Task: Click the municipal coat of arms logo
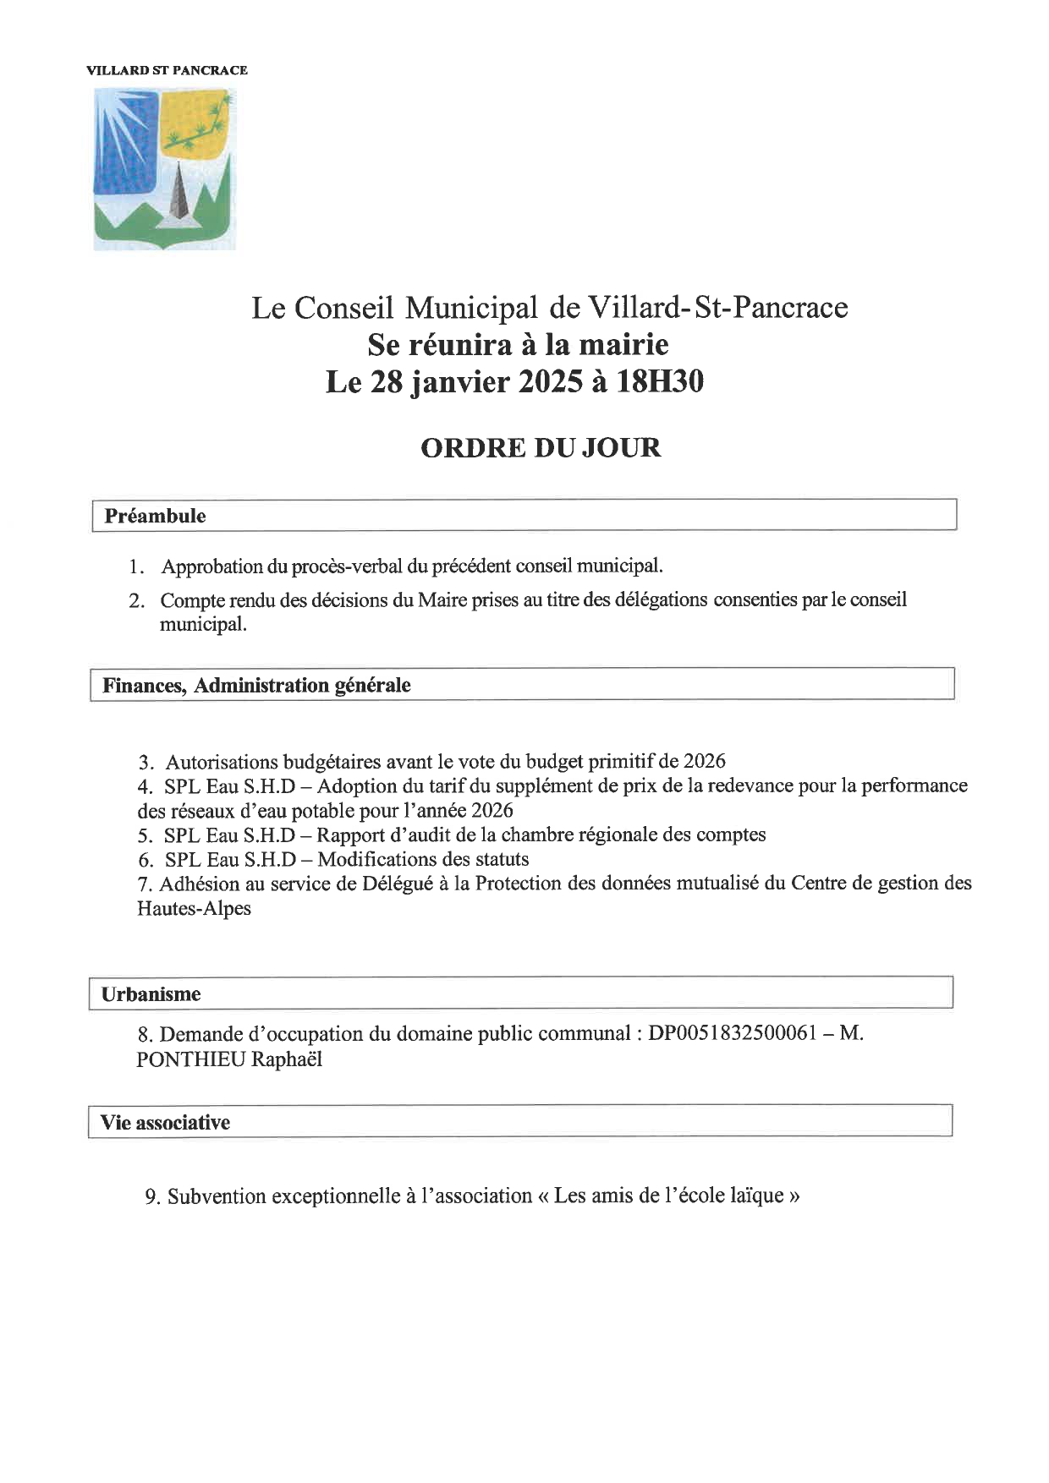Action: [x=164, y=169]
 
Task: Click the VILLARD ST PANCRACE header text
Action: [x=167, y=70]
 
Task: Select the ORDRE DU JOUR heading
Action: [x=541, y=447]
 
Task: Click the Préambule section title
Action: [x=155, y=516]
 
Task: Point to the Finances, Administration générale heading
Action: [x=256, y=685]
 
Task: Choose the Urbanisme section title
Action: [x=151, y=994]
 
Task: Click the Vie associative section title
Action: [x=165, y=1123]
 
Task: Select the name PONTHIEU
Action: [x=190, y=1059]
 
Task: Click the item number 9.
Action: [x=152, y=1197]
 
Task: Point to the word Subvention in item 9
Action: [x=216, y=1196]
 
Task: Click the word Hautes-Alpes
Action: [x=194, y=909]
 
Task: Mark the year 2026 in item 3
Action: [x=704, y=761]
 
